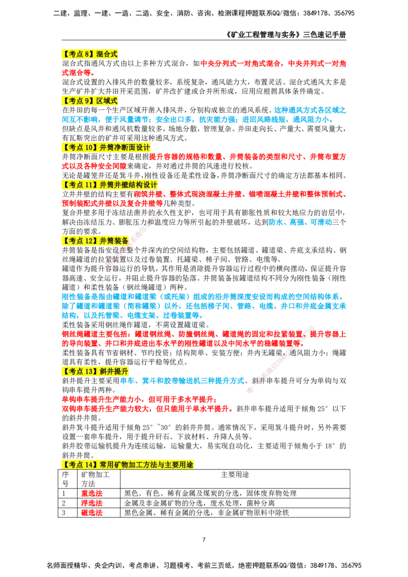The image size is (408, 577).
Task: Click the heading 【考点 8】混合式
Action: pos(89,54)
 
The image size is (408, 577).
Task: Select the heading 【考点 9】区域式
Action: pos(89,101)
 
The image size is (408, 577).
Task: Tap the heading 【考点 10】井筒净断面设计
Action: pos(106,147)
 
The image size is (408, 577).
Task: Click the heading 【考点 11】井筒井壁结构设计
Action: pos(110,185)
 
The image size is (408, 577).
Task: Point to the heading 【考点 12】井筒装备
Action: pos(95,241)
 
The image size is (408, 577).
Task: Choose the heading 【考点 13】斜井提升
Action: pos(95,372)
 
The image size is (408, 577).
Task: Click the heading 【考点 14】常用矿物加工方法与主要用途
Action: pos(128,465)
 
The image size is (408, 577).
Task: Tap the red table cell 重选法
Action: pos(92,493)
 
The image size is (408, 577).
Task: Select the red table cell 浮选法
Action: pos(92,503)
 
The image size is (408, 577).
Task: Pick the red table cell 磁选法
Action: pos(92,513)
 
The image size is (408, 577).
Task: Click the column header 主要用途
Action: pos(235,475)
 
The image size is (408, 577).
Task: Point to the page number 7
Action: pos(204,539)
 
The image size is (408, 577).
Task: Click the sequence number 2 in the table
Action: pos(64,503)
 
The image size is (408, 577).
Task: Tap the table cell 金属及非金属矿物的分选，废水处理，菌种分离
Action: pos(199,503)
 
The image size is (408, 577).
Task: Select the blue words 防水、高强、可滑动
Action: pos(300,222)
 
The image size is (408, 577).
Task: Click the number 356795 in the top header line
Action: pos(344,13)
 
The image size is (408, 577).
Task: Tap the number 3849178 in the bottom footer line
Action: pos(322,565)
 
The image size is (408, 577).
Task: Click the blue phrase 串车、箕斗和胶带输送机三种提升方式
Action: pos(182,381)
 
